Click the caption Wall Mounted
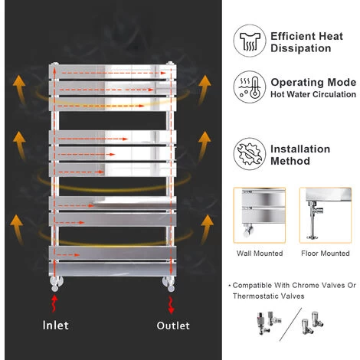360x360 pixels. [x=260, y=254]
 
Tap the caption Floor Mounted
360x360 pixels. [x=324, y=254]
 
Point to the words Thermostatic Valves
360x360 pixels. [x=267, y=295]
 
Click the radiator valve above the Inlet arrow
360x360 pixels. [x=53, y=281]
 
